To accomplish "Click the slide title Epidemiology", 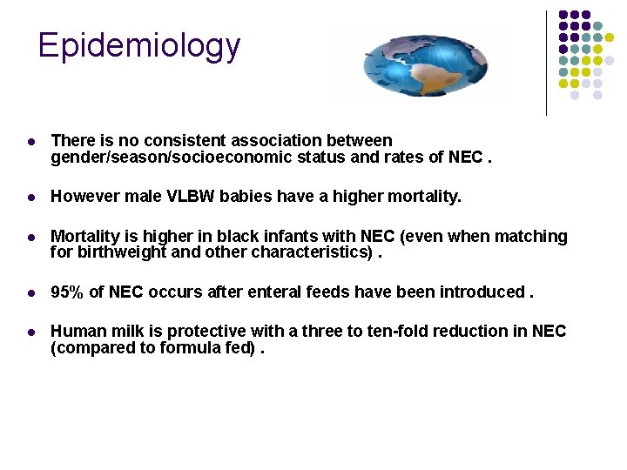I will tap(139, 45).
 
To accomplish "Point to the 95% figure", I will tap(68, 292).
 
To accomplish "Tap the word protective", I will tap(206, 331).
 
